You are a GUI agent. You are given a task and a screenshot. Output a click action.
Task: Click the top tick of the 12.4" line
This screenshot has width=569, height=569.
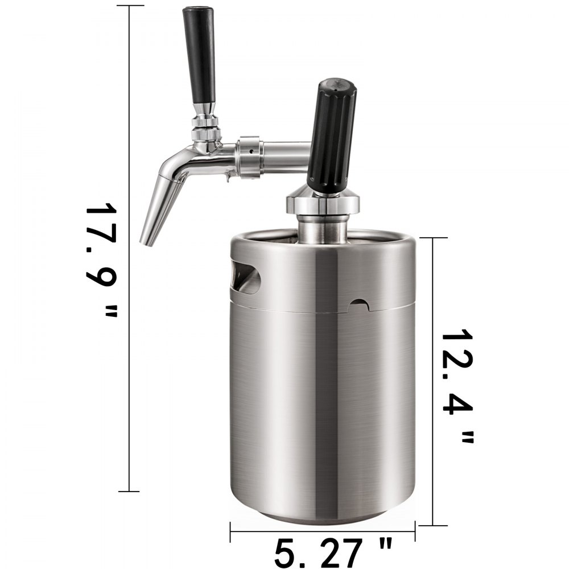click(434, 238)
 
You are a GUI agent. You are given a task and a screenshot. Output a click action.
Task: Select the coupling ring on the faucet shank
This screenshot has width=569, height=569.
click(251, 157)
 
